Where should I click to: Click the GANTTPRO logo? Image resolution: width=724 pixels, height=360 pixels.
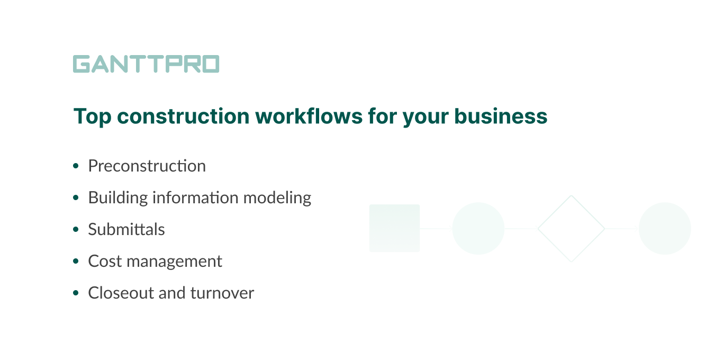[x=146, y=64]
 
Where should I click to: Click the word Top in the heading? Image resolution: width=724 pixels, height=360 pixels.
[x=92, y=116]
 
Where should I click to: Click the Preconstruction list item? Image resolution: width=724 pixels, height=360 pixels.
[x=147, y=166]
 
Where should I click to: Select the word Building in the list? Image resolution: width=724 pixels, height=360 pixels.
[x=118, y=198]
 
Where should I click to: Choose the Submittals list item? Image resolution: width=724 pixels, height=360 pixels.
[x=126, y=230]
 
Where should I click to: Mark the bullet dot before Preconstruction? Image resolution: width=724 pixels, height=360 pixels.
[x=76, y=166]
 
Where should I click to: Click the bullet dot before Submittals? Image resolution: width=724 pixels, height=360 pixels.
[x=76, y=230]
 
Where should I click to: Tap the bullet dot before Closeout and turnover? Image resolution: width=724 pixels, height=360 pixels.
[x=76, y=293]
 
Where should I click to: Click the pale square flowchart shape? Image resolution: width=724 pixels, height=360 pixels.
[x=394, y=228]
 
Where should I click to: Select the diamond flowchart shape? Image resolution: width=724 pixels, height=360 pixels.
[x=571, y=229]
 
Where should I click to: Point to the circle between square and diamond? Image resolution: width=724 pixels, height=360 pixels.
[x=478, y=229]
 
